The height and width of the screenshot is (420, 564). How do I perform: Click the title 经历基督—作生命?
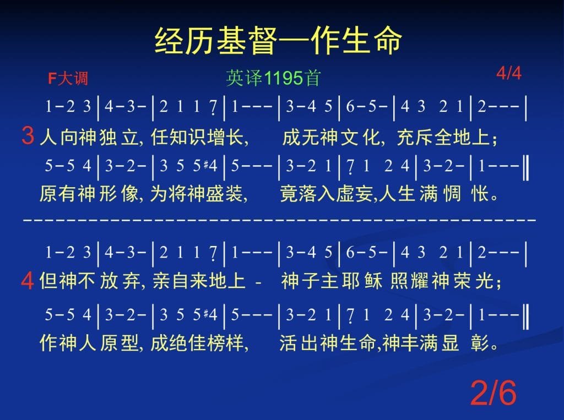pyautogui.click(x=278, y=40)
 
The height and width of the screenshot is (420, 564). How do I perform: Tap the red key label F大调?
pyautogui.click(x=68, y=78)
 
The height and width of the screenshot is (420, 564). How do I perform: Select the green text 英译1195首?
pyautogui.click(x=273, y=78)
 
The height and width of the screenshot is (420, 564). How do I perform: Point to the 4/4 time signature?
pyautogui.click(x=508, y=73)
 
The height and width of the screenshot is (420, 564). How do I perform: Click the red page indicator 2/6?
pyautogui.click(x=493, y=392)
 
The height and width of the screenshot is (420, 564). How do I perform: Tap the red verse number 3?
pyautogui.click(x=28, y=135)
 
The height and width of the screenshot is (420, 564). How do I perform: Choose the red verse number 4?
pyautogui.click(x=28, y=281)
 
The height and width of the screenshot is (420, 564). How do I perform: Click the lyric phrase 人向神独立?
pyautogui.click(x=89, y=137)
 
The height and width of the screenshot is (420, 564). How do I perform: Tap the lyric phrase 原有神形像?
pyautogui.click(x=89, y=194)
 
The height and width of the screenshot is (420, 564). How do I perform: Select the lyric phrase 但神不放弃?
pyautogui.click(x=89, y=281)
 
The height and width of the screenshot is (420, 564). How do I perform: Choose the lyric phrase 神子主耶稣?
pyautogui.click(x=331, y=281)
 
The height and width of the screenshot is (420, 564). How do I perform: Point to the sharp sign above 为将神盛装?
pyautogui.click(x=206, y=164)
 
